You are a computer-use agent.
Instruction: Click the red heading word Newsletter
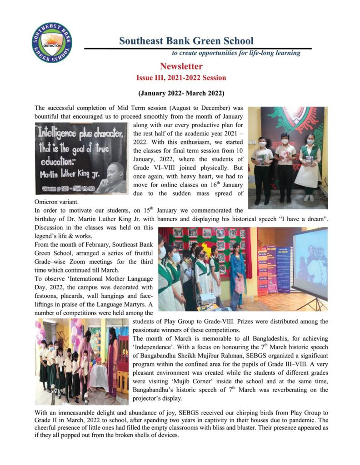click(181, 67)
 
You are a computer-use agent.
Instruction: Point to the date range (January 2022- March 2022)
click(181, 94)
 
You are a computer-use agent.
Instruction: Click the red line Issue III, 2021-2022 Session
click(181, 78)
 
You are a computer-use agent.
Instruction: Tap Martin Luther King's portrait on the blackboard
click(111, 178)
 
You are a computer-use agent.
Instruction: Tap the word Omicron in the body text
click(47, 202)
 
